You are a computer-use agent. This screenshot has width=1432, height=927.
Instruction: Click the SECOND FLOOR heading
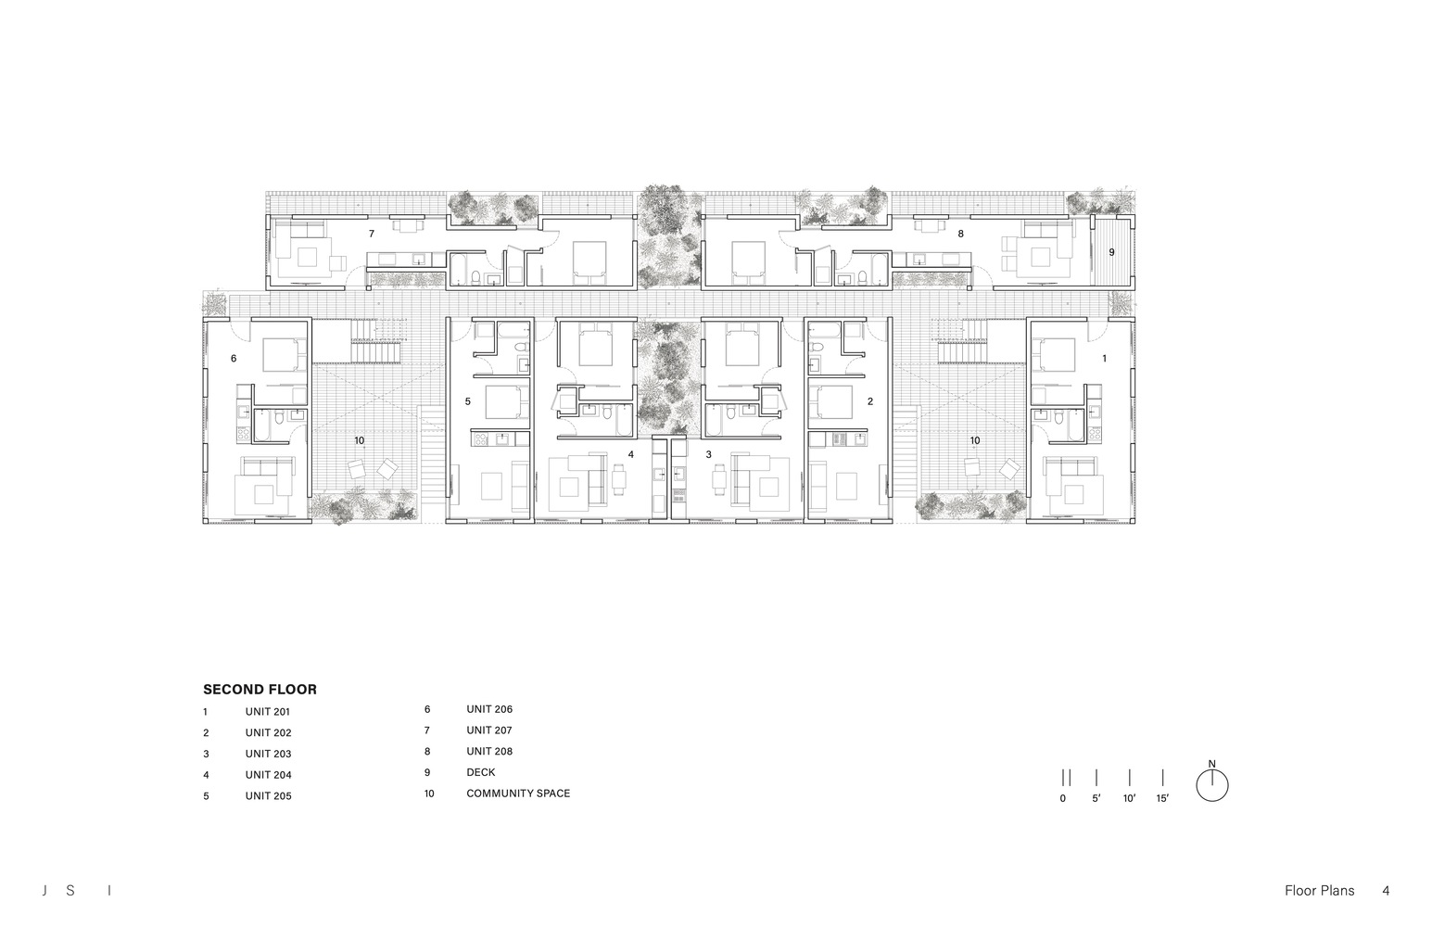(260, 689)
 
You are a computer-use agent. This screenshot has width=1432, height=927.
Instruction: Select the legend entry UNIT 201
(267, 712)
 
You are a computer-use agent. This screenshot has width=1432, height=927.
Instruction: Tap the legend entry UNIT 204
(269, 775)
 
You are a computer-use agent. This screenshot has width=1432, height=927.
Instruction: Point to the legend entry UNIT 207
(489, 730)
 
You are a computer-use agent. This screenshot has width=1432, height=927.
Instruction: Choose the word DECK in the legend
(481, 772)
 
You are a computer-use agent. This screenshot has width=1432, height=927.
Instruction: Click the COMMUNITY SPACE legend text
(518, 794)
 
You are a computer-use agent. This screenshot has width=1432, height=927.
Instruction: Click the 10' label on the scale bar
(1130, 798)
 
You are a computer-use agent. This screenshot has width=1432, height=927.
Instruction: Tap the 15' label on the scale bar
(1162, 798)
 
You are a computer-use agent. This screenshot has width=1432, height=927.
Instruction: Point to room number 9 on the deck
(1111, 252)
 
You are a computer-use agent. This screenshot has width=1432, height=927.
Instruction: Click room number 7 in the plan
(372, 234)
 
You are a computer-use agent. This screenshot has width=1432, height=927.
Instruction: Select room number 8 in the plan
(961, 234)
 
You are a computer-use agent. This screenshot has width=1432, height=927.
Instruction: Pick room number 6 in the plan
(234, 359)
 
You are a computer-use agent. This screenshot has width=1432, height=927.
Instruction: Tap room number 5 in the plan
(468, 401)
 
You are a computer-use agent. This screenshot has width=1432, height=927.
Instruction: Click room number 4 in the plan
(631, 454)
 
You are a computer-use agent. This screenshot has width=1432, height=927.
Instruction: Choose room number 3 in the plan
(708, 454)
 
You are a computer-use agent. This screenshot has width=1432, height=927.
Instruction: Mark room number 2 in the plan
(870, 401)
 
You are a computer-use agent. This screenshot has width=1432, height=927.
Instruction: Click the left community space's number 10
(360, 440)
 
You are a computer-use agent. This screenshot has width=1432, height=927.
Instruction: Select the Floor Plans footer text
(1320, 891)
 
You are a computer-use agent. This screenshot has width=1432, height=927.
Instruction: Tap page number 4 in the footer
(1386, 891)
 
